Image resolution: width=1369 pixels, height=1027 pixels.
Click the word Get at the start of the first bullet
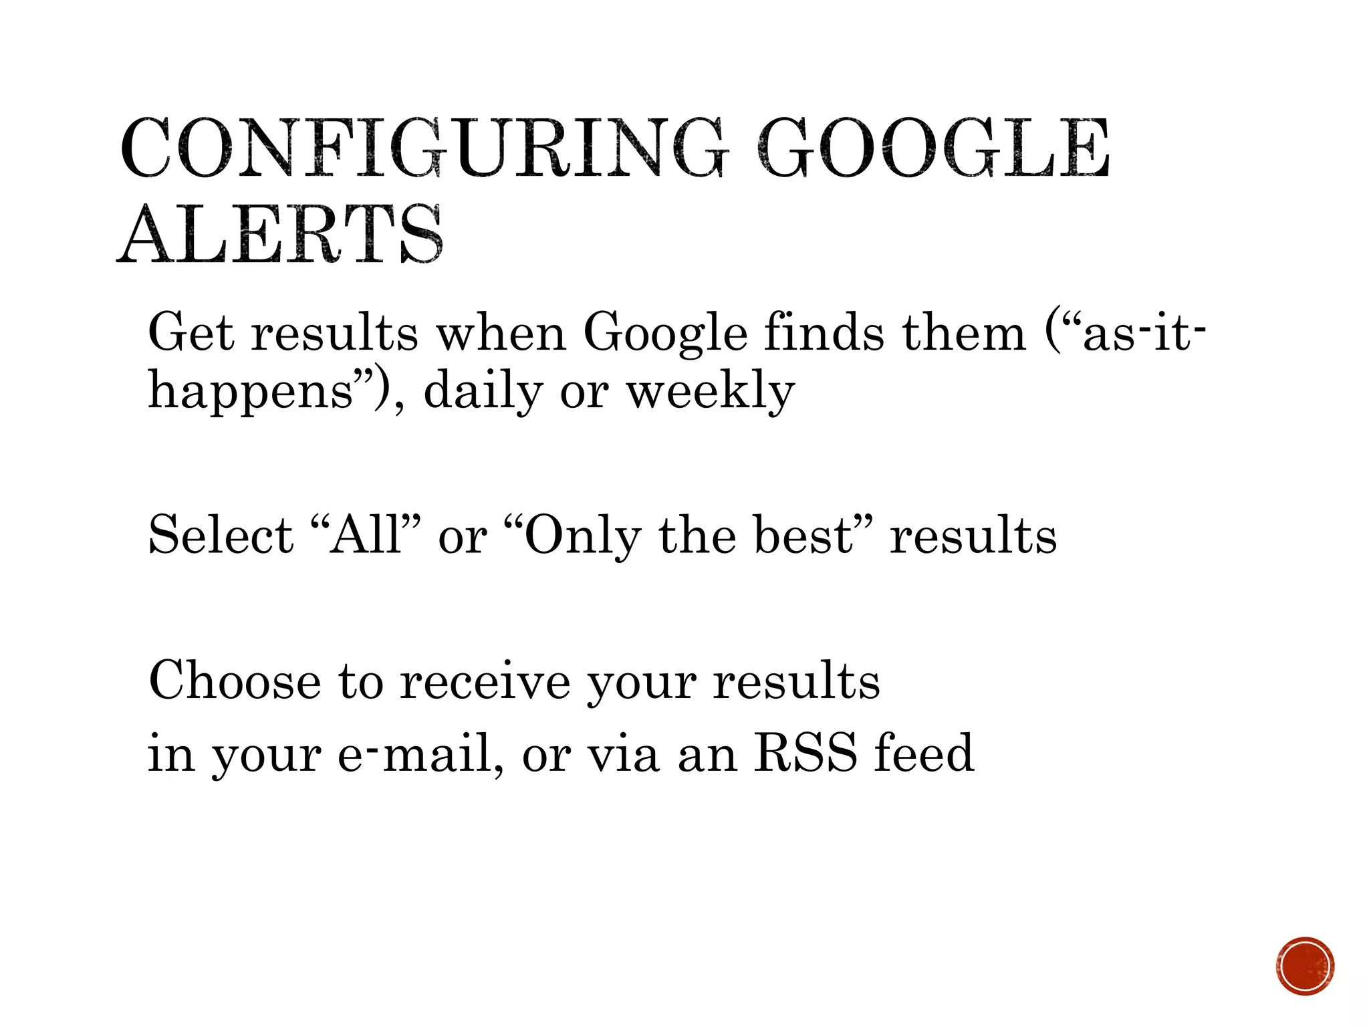point(191,332)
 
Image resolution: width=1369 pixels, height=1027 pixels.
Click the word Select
point(221,536)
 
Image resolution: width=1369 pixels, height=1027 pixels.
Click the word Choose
point(235,681)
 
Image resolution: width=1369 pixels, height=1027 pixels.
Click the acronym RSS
point(805,754)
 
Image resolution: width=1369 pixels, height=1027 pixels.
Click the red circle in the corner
point(1305,966)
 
